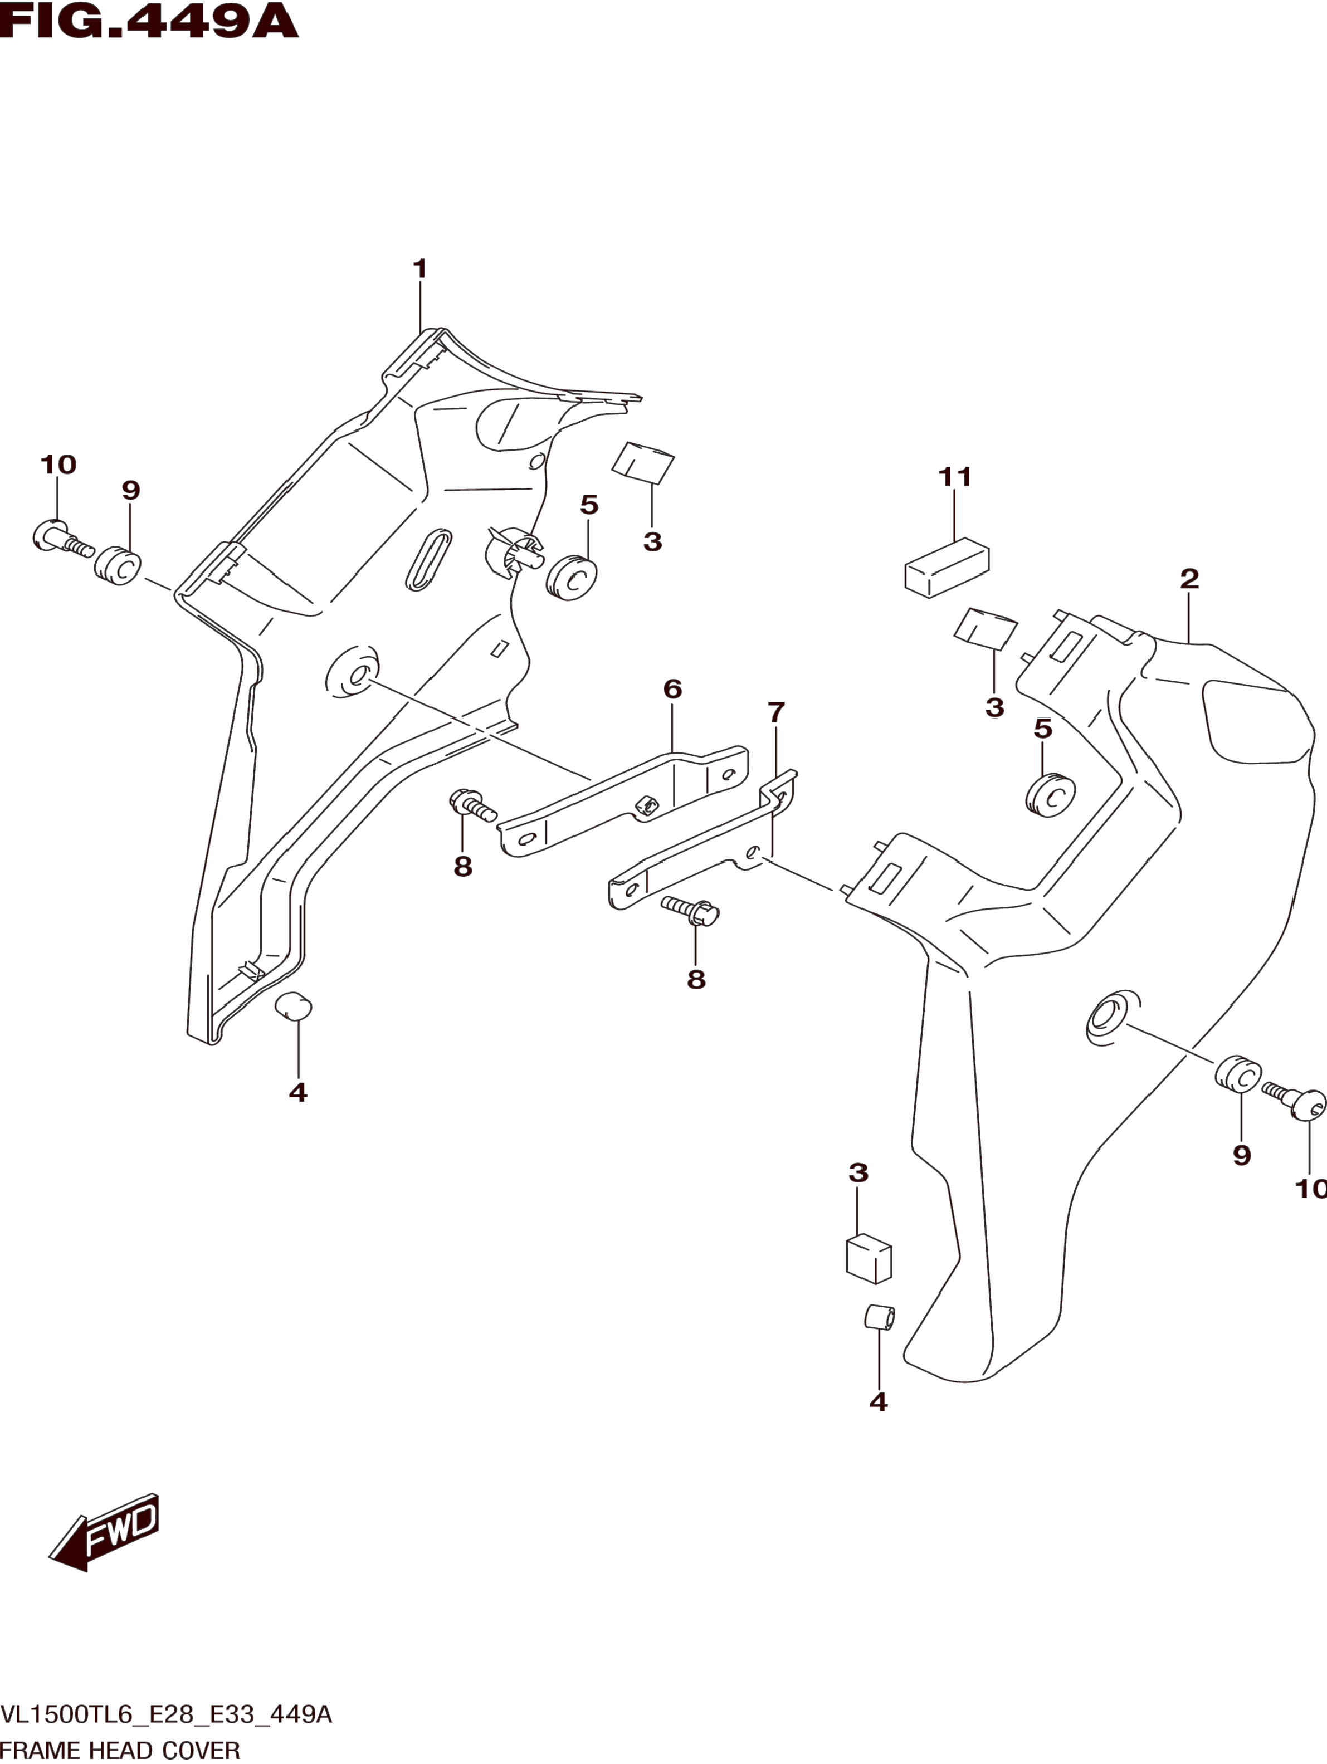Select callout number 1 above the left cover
click(420, 268)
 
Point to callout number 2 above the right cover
click(1189, 578)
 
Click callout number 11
click(954, 477)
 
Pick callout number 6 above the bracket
click(672, 688)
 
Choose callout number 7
click(776, 711)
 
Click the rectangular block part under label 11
click(947, 567)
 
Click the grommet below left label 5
click(572, 578)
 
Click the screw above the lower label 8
click(691, 910)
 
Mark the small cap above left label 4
click(294, 1006)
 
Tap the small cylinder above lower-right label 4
click(880, 1317)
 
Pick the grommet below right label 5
click(1050, 794)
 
